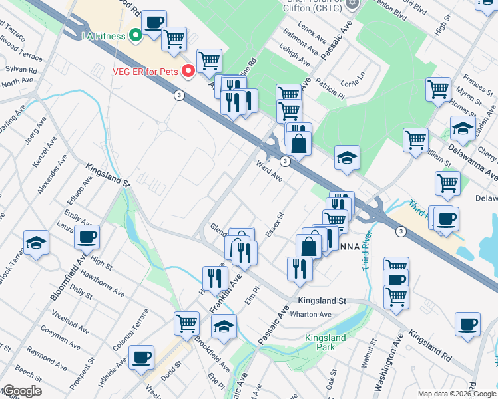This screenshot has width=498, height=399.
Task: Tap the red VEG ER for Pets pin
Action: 188,71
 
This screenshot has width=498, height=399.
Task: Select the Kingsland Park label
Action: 325,342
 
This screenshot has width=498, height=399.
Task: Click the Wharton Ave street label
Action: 314,314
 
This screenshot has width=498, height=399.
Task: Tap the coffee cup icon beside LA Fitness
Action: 154,23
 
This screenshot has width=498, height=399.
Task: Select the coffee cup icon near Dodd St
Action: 141,357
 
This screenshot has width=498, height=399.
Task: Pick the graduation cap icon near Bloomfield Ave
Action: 36,242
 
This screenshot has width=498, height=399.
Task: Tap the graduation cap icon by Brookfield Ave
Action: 224,326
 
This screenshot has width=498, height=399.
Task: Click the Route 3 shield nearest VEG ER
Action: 179,95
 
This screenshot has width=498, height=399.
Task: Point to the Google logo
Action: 21,391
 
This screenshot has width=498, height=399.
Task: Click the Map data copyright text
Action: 457,394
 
